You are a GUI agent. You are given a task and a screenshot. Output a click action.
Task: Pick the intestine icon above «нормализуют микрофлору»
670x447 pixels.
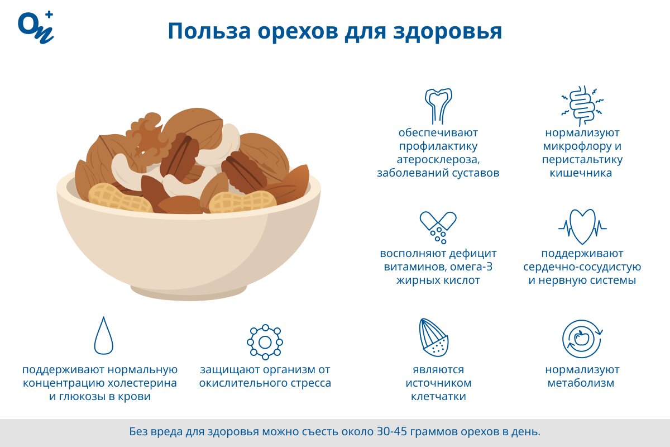point(582,104)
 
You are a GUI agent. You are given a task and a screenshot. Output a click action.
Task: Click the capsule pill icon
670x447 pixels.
point(438,226)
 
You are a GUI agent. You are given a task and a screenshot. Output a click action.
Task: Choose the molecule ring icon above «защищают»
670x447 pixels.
point(265,341)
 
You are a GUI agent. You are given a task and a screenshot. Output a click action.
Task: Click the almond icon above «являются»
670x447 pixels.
point(434,337)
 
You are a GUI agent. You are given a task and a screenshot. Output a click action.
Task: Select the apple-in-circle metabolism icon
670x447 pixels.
point(582,339)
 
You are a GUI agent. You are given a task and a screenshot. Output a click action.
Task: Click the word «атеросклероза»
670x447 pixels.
point(438,160)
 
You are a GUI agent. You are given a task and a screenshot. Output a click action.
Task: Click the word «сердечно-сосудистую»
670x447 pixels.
point(582,267)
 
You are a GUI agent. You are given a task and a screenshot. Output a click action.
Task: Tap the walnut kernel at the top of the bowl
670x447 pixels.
point(148,134)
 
